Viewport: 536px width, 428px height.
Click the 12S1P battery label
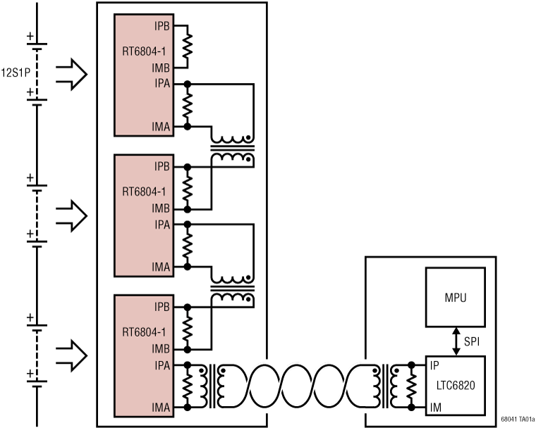click(x=15, y=72)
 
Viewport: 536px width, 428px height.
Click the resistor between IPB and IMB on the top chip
click(x=188, y=48)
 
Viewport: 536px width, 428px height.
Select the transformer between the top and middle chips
click(x=233, y=149)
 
